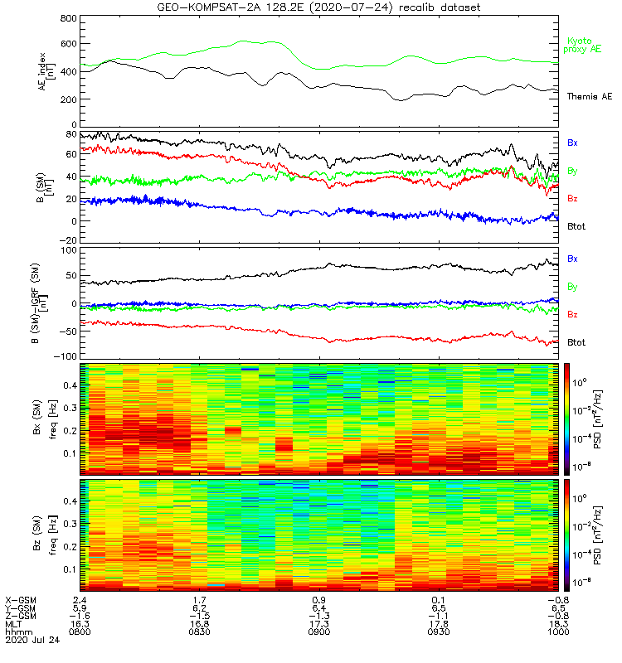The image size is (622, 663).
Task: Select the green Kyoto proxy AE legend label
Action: tap(581, 46)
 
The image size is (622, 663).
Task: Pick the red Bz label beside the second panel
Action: tap(572, 198)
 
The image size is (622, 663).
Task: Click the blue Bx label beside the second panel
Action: tap(572, 143)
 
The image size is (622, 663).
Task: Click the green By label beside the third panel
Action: tap(572, 287)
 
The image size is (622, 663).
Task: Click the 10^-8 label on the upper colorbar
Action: tap(584, 467)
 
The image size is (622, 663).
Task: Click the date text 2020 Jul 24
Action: tap(31, 641)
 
